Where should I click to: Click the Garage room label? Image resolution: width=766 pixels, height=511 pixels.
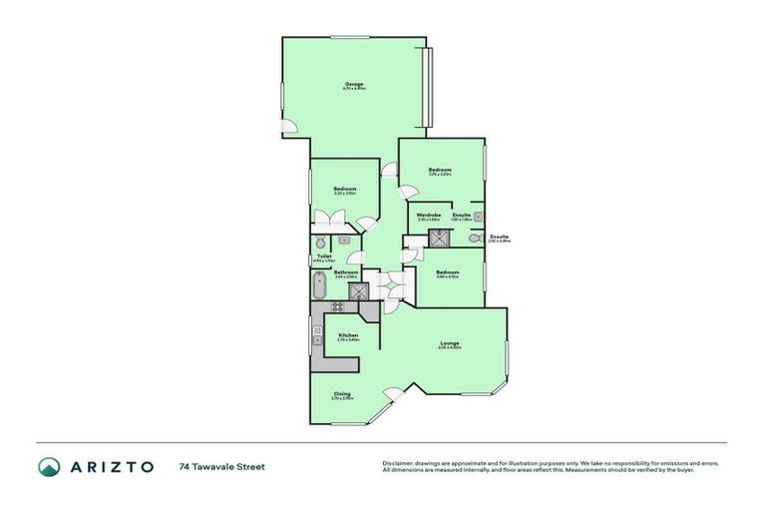354,84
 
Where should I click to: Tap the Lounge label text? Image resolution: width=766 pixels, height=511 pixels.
450,345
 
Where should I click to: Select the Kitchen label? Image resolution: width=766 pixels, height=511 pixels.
348,335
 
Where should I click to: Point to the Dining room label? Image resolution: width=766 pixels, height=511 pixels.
342,393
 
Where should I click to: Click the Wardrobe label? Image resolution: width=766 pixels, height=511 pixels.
429,215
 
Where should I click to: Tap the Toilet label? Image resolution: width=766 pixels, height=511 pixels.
324,256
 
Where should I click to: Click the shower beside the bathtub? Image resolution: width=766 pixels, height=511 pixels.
356,291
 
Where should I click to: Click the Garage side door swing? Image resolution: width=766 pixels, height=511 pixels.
287,127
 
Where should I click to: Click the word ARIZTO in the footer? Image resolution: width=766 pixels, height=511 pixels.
112,466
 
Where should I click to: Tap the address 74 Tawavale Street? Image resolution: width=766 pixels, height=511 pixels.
222,466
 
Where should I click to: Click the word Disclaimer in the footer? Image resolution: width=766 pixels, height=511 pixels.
398,463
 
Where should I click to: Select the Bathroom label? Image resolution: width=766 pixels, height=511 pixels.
346,272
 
